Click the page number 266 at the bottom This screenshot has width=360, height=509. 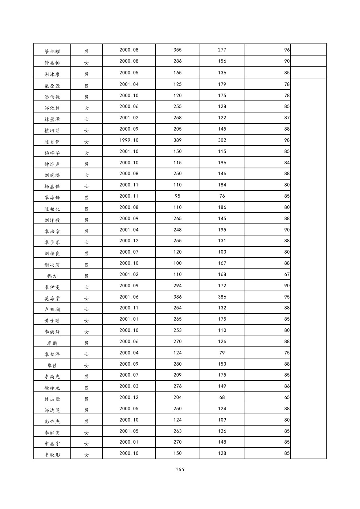tap(180, 469)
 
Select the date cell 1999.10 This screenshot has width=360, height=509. tap(129, 140)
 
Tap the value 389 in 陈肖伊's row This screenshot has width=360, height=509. tap(177, 140)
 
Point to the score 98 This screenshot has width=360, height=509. tap(287, 140)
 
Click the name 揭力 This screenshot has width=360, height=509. tap(52, 276)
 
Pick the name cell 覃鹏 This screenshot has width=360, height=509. tap(52, 343)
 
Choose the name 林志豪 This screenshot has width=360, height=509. tap(52, 399)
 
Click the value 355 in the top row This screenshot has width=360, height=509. tap(177, 50)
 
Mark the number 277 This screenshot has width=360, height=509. tap(222, 50)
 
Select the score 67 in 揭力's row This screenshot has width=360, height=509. tap(287, 275)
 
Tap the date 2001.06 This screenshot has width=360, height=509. tap(129, 297)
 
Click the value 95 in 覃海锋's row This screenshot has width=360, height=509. tap(177, 196)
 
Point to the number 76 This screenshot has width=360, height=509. tap(222, 196)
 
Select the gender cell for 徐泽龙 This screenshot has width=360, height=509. tap(86, 388)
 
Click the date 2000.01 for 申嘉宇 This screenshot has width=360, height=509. tap(129, 442)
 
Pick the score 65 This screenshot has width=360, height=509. tap(287, 397)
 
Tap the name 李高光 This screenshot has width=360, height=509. tap(52, 377)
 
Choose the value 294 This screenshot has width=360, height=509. tap(177, 286)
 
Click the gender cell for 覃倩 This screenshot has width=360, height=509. tap(86, 365)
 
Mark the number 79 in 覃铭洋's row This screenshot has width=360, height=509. tap(222, 353)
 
